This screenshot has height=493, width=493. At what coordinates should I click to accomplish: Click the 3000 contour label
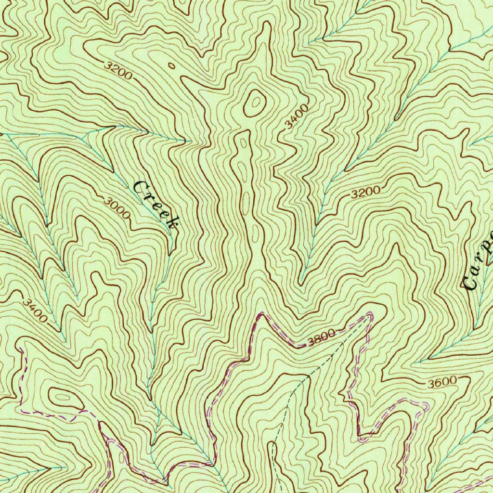pos(116,207)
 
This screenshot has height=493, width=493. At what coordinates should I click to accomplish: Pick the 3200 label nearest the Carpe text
pos(365,193)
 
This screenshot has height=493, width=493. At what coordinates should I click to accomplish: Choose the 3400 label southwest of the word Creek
pos(34,311)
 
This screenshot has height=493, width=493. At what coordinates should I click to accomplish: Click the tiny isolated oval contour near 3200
pos(171,66)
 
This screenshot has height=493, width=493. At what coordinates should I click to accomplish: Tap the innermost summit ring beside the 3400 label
pos(254,101)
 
